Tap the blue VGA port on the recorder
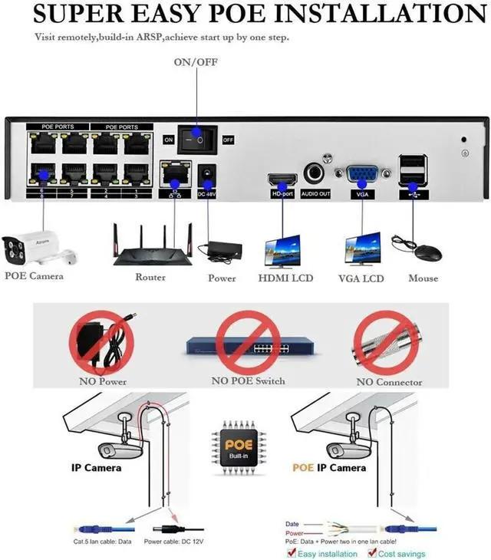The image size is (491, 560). pyautogui.click(x=360, y=174)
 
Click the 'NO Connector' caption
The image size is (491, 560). pyautogui.click(x=387, y=381)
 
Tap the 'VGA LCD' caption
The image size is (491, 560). pyautogui.click(x=361, y=278)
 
